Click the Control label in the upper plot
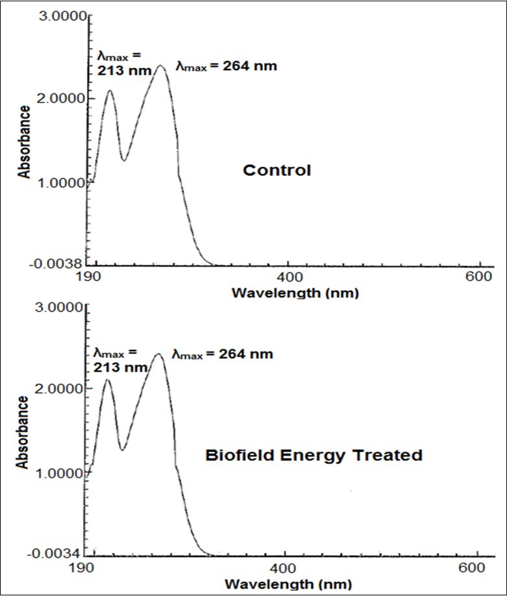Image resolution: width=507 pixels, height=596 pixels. point(277,171)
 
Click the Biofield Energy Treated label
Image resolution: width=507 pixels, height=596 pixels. point(314,455)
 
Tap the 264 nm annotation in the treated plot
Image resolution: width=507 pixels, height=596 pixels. point(223,354)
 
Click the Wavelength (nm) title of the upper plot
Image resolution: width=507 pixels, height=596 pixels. point(295,292)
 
